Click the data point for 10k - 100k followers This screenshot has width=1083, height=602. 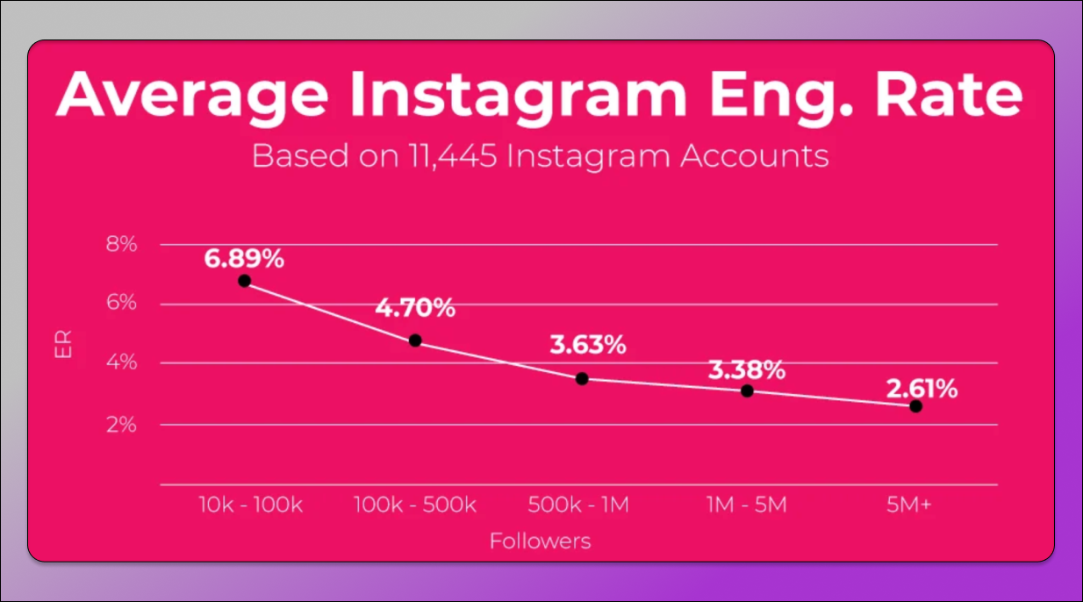coord(244,281)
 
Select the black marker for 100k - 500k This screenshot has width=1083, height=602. coord(415,340)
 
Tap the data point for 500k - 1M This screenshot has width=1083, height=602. coord(582,378)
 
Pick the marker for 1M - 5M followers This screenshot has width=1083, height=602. coord(747,391)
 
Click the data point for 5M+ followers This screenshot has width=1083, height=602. coord(915,406)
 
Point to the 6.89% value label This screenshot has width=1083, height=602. coord(244,259)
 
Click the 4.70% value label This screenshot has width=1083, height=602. coord(415,308)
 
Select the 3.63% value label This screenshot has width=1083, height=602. coord(587,345)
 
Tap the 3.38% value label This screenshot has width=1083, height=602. coord(746,370)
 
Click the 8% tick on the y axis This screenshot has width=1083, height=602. coord(122,244)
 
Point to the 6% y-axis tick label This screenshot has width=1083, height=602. coord(122,303)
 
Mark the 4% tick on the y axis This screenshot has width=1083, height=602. coord(122,363)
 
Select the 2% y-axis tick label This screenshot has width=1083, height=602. coord(122,425)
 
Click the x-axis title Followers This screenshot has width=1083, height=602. coord(540,541)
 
